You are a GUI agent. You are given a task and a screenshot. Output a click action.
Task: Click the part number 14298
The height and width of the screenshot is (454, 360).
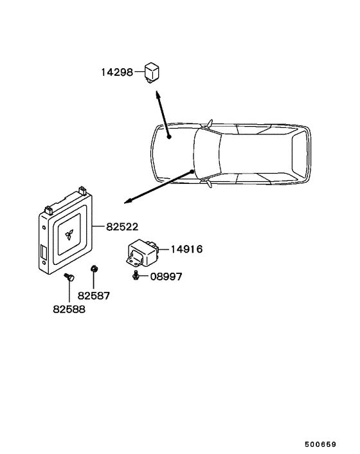[117, 72]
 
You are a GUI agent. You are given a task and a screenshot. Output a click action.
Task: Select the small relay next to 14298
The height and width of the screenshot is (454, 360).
[152, 72]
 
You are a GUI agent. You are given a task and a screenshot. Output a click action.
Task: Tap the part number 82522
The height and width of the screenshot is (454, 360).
[122, 227]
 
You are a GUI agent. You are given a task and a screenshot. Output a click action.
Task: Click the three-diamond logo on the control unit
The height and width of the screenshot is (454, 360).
[69, 235]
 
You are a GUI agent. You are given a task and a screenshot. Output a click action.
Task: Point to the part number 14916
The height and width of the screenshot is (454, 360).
[186, 249]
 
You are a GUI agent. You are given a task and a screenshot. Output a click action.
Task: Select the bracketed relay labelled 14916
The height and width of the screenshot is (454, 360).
[142, 253]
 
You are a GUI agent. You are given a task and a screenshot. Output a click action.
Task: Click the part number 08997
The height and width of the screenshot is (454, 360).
[166, 277]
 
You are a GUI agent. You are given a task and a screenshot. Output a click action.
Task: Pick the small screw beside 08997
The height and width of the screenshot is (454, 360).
[135, 275]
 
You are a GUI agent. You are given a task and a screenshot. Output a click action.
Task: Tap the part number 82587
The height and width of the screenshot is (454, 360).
[94, 296]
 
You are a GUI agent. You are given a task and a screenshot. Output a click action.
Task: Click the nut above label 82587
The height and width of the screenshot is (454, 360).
[94, 269]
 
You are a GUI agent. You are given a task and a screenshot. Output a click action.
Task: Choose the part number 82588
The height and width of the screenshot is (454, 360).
[69, 309]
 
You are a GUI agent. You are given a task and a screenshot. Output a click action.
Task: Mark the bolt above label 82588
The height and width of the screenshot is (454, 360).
[69, 277]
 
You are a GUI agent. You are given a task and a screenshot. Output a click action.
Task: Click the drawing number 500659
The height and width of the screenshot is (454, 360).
[320, 444]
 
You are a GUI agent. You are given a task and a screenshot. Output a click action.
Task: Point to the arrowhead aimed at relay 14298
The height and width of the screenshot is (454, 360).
[157, 95]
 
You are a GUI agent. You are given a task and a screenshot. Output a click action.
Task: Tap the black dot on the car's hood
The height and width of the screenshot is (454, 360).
[169, 137]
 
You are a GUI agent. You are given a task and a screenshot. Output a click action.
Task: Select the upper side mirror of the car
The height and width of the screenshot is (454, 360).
[210, 123]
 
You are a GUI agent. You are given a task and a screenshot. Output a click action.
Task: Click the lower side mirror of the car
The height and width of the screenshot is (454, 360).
[209, 183]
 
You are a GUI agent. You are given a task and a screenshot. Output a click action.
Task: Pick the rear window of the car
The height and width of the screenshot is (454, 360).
[299, 154]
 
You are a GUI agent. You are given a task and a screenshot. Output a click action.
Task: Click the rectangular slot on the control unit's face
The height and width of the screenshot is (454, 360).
[44, 251]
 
